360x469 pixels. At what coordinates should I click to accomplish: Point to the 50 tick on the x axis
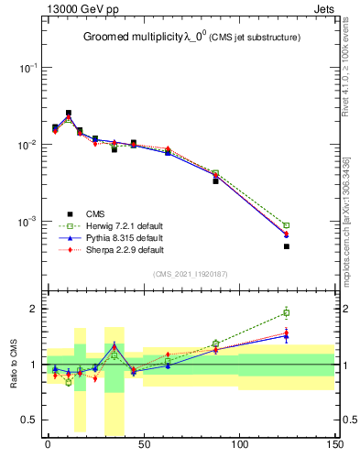click(143, 444)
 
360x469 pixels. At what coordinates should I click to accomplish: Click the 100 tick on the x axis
click(239, 444)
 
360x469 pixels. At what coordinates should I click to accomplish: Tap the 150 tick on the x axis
click(334, 444)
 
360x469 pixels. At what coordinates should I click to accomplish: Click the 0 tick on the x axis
click(48, 444)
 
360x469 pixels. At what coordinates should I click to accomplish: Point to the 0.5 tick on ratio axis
click(32, 420)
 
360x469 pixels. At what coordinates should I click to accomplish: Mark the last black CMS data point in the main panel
click(287, 246)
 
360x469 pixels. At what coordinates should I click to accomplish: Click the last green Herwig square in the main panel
click(287, 225)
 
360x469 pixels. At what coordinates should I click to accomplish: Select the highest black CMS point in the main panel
click(69, 113)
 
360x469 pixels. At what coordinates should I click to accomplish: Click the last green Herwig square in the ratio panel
click(287, 313)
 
